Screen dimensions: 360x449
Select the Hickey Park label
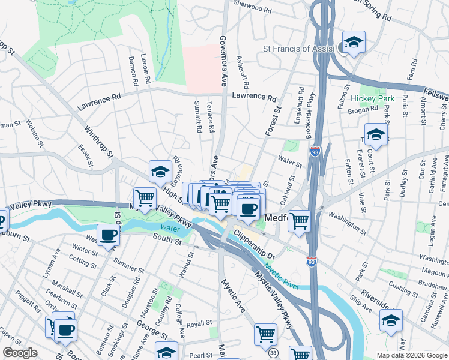373,98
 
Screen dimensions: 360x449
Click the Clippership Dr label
253,241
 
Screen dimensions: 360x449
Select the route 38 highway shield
273,354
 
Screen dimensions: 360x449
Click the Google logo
20,353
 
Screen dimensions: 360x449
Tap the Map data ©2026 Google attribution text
412,355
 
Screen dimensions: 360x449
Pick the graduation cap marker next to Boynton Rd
161,172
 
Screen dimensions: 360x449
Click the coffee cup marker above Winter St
109,235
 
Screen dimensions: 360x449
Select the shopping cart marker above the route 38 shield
265,334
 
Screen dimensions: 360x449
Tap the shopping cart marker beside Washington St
299,220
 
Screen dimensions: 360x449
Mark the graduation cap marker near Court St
376,135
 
